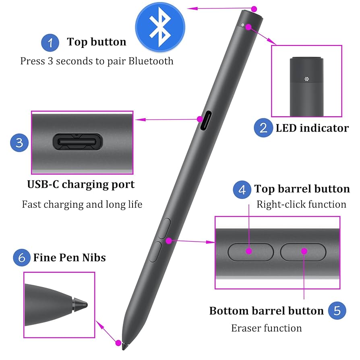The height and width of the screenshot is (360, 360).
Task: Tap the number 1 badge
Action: pyautogui.click(x=50, y=42)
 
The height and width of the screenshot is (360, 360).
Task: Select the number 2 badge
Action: pyautogui.click(x=263, y=128)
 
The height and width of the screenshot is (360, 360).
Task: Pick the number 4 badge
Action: pyautogui.click(x=242, y=189)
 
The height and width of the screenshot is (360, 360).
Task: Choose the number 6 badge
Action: pyautogui.click(x=22, y=257)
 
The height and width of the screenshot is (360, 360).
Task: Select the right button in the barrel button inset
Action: pyautogui.click(x=303, y=252)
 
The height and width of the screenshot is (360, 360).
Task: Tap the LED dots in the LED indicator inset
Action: pyautogui.click(x=306, y=79)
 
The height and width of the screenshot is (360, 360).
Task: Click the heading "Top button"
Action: pyautogui.click(x=97, y=42)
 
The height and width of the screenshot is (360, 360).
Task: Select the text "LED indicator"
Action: pyautogui.click(x=312, y=128)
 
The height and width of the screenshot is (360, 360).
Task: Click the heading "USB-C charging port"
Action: pyautogui.click(x=81, y=184)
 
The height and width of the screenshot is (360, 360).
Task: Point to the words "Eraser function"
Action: pyautogui.click(x=267, y=328)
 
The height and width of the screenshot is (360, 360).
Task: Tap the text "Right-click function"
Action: pyautogui.click(x=301, y=205)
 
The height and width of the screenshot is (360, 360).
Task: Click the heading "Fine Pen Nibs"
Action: pyautogui.click(x=69, y=257)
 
